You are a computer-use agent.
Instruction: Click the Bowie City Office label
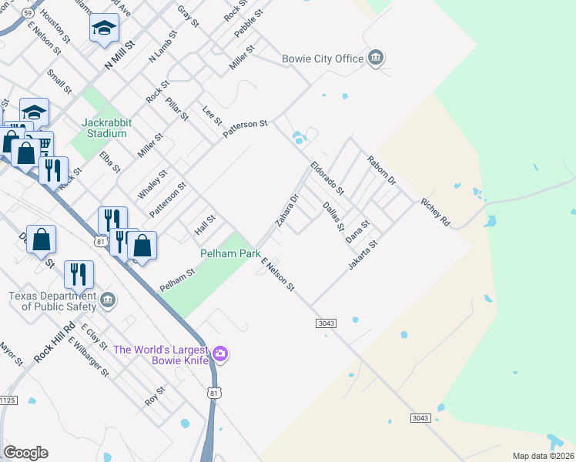click(323, 59)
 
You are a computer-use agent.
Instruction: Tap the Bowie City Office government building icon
click(376, 58)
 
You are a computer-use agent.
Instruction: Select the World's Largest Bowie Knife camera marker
click(221, 353)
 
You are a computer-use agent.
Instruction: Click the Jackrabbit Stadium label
click(105, 128)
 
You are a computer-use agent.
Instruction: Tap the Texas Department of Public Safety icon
click(107, 299)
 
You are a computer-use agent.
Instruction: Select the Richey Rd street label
click(435, 213)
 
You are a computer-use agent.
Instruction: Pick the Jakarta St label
click(363, 255)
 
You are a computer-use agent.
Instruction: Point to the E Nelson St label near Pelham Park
click(278, 275)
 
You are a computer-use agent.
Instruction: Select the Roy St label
click(155, 397)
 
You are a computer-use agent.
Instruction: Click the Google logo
click(25, 453)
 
